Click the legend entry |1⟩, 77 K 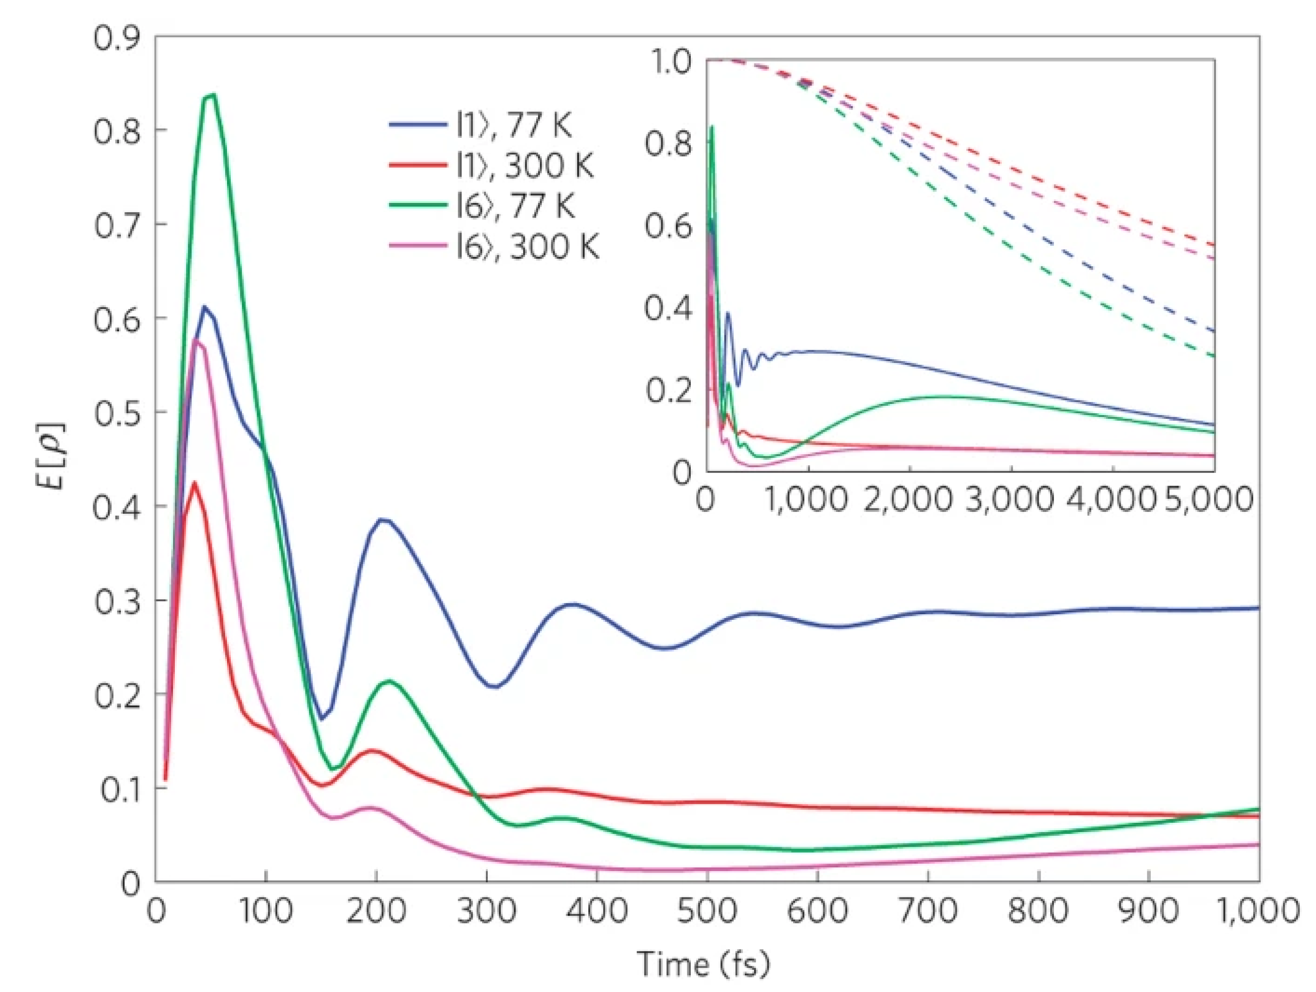512,125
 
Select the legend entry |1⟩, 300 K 524,166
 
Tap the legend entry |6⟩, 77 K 514,206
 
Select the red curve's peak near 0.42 194,482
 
